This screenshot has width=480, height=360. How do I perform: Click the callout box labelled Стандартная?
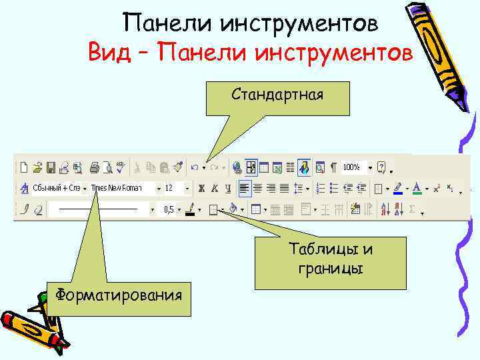pos(277,95)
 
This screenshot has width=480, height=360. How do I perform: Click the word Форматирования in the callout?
pos(119,294)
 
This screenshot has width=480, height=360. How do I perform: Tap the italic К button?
pos(215,189)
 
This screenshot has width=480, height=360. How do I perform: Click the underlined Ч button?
pos(228,189)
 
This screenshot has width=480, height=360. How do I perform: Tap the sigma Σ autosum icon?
pos(411,210)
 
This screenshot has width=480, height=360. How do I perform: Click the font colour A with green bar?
pos(416,189)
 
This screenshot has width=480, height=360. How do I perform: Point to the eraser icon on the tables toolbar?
pos(37,210)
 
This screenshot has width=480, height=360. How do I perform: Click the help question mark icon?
pos(381,167)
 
